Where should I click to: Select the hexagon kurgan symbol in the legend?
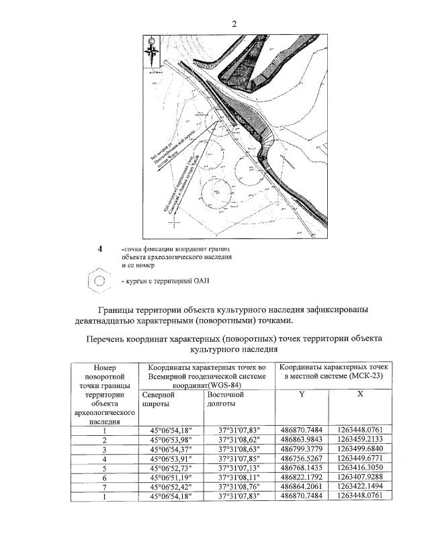tap(99, 281)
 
